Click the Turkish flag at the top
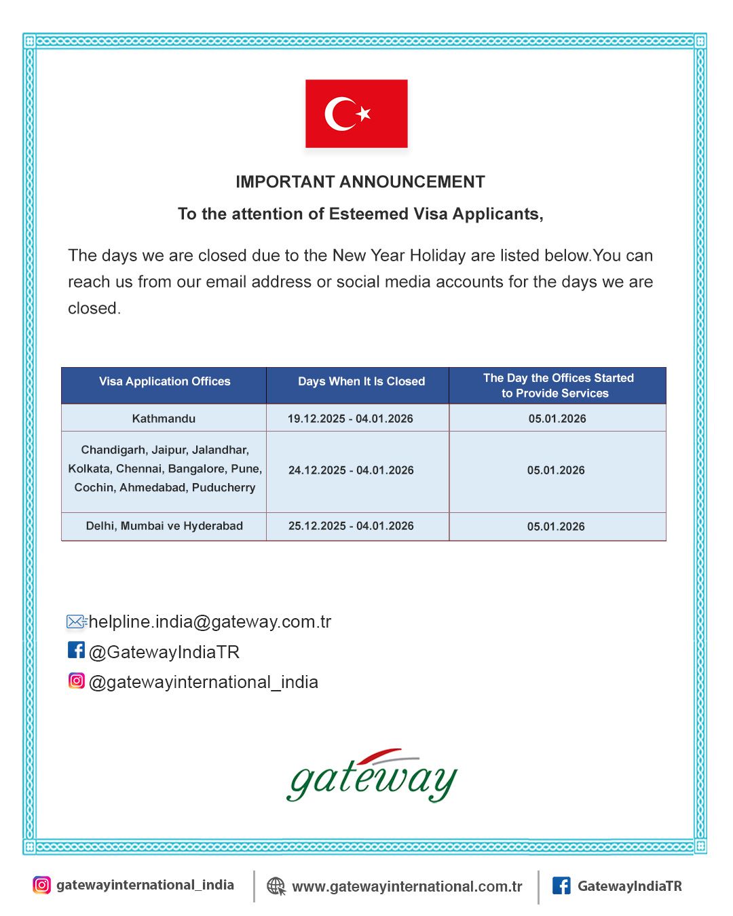(356, 113)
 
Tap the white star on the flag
(364, 113)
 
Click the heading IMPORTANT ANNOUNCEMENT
(360, 182)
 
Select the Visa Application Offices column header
(164, 381)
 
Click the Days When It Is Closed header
(361, 381)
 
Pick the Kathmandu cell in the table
(164, 419)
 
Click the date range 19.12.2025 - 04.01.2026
(350, 419)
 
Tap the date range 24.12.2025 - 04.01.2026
(351, 470)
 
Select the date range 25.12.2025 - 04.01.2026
(351, 526)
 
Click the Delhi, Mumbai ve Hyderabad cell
(164, 526)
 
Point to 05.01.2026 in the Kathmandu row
(557, 419)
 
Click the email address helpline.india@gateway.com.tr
(210, 622)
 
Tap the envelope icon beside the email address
(76, 622)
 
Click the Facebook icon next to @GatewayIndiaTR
(76, 650)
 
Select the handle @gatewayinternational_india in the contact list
(204, 682)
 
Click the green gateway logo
(372, 776)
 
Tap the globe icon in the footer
(276, 886)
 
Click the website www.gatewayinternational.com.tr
(407, 886)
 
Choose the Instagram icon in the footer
(41, 885)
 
